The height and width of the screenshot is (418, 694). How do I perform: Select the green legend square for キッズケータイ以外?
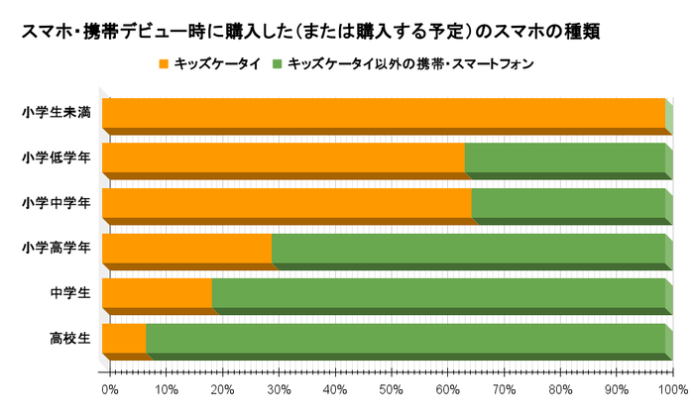pyautogui.click(x=280, y=64)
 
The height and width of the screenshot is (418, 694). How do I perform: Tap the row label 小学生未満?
pyautogui.click(x=58, y=113)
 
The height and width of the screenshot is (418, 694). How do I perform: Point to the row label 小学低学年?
pyautogui.click(x=58, y=157)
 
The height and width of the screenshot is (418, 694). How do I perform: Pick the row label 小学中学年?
pyautogui.click(x=58, y=202)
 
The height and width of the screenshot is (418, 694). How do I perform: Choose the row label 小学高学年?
pyautogui.click(x=58, y=248)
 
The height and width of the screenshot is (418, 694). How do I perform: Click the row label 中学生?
pyautogui.click(x=70, y=293)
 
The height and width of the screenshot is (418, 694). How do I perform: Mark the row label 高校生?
pyautogui.click(x=70, y=338)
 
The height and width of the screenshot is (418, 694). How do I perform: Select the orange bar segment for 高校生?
pyautogui.click(x=124, y=338)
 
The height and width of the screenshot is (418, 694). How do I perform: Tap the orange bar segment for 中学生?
pyautogui.click(x=157, y=293)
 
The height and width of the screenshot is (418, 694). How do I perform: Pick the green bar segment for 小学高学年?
pyautogui.click(x=468, y=248)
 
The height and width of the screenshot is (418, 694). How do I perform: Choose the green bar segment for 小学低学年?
pyautogui.click(x=564, y=157)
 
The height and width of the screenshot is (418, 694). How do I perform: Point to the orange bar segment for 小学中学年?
pyautogui.click(x=287, y=202)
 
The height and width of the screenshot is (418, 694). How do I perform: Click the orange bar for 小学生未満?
pyautogui.click(x=383, y=113)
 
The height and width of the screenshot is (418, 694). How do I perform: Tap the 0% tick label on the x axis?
pyautogui.click(x=109, y=388)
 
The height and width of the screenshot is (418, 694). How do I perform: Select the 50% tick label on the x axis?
pyautogui.click(x=392, y=388)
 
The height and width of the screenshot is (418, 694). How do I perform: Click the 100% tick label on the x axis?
pyautogui.click(x=674, y=388)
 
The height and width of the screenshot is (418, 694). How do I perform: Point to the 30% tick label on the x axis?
pyautogui.click(x=279, y=388)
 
